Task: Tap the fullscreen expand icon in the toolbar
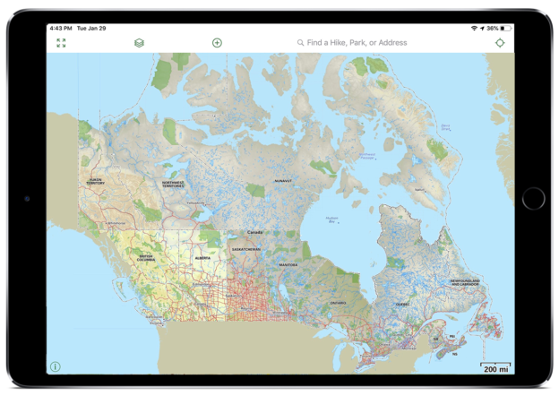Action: [x=61, y=43]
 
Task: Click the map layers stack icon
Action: [x=139, y=43]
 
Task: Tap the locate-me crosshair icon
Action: [x=500, y=43]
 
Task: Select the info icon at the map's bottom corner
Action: [x=56, y=366]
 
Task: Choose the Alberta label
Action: [x=203, y=258]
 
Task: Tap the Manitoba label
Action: [x=288, y=265]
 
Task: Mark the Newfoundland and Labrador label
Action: [x=464, y=283]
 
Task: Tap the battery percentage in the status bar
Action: [x=493, y=29]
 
